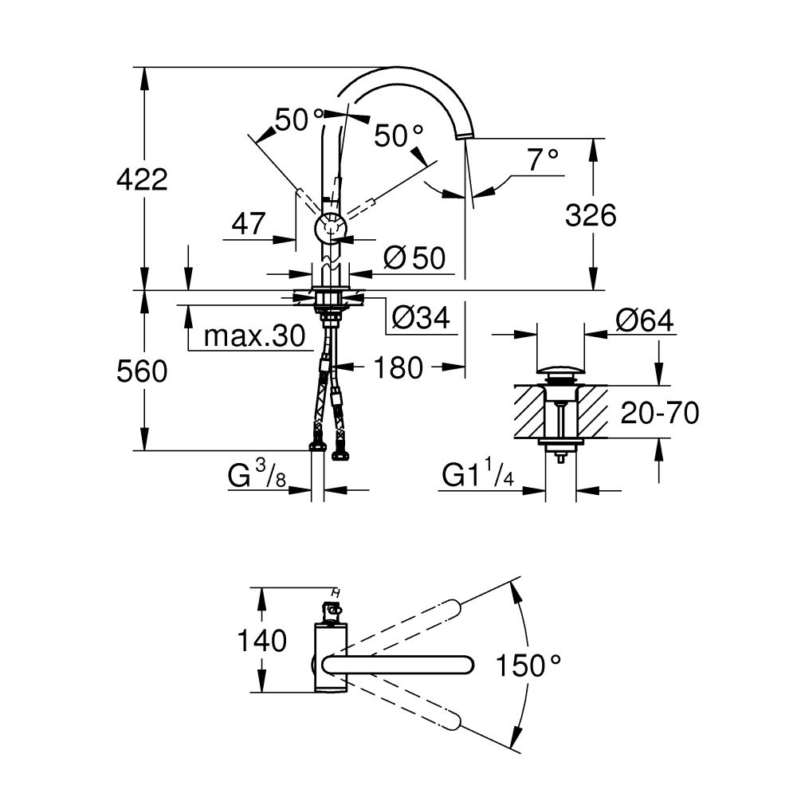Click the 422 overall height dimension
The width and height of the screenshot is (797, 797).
142,180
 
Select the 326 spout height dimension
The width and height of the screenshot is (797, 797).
591,215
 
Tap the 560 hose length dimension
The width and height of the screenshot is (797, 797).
142,371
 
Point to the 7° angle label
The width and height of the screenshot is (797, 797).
543,162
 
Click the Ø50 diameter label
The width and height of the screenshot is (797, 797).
414,257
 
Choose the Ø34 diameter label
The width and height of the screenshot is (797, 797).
421,319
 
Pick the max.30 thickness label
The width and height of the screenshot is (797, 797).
254,336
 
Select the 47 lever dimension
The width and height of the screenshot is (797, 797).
248,225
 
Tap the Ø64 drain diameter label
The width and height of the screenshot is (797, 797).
644,321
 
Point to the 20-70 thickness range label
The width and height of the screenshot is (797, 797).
659,413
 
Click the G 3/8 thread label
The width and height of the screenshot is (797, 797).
257,476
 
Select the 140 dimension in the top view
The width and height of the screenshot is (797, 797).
261,640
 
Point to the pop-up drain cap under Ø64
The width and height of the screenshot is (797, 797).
560,369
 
